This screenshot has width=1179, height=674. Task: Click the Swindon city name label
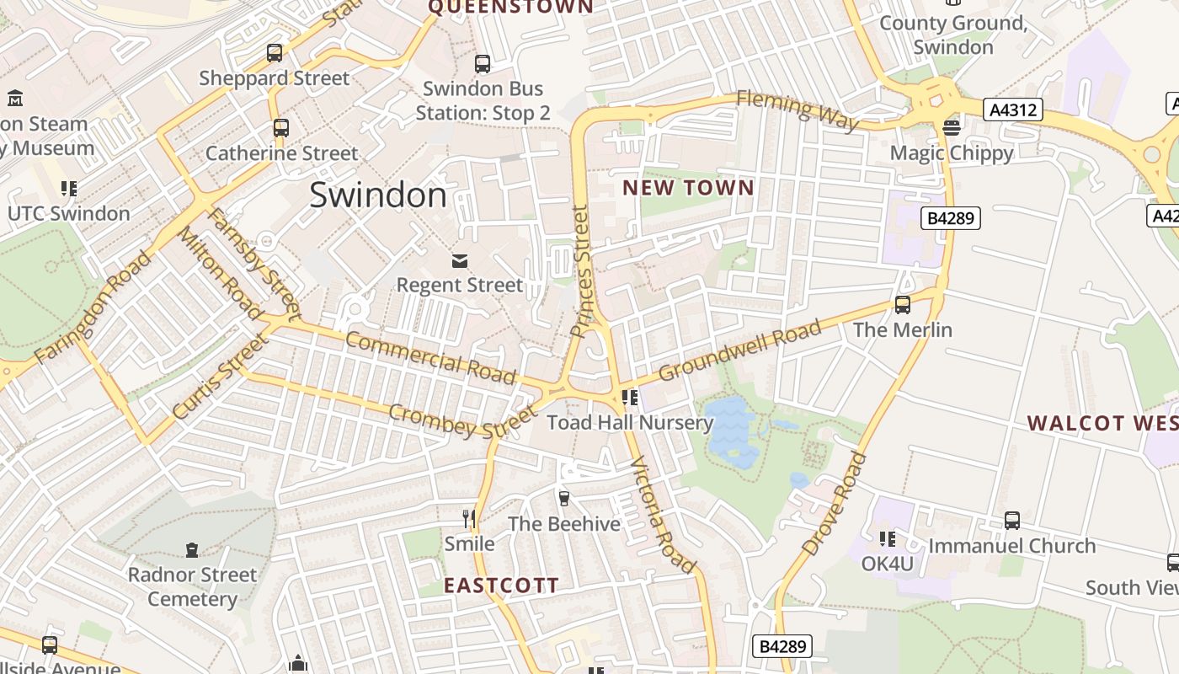point(378,195)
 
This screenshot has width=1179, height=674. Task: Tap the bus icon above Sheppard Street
point(275,53)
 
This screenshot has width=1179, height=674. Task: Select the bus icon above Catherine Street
point(281,128)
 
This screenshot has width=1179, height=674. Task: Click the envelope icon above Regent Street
point(460,260)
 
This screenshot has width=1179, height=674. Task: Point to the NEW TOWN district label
point(688,188)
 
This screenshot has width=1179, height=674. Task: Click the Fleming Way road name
point(798,110)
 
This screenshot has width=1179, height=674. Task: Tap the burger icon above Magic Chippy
point(952,128)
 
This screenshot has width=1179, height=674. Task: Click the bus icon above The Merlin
point(903,304)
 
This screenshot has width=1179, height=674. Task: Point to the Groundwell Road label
point(739,350)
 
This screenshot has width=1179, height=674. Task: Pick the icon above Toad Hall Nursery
point(629,397)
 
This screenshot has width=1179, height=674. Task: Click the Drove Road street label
point(834,503)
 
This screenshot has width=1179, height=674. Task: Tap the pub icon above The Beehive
point(564,498)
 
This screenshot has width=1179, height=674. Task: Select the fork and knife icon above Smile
point(470,518)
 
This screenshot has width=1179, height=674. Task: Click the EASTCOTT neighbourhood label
point(501,586)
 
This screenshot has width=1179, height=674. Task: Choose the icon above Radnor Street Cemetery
point(192,550)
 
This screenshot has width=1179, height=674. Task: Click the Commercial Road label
point(430,356)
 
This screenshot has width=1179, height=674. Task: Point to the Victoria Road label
point(663,515)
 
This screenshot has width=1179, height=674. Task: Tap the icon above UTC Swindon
point(69,188)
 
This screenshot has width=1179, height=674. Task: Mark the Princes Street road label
point(581,271)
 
